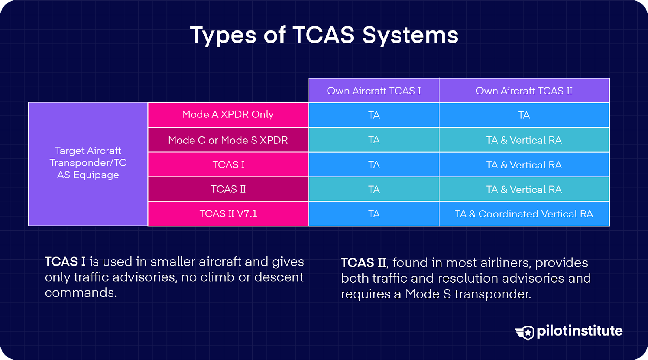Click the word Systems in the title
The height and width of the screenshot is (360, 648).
pos(410,35)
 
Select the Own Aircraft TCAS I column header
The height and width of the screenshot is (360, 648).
pos(374,91)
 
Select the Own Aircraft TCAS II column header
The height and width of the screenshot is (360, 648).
pos(524,91)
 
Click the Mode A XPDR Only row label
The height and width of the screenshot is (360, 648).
pos(228,115)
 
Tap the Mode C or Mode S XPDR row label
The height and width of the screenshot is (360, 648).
pos(228,140)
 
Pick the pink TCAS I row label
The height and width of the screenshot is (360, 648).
pos(228,165)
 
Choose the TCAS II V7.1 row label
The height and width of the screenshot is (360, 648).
pos(228,214)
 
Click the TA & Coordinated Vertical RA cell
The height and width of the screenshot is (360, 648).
pos(524,214)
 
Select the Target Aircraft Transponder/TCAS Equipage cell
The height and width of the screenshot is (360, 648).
pos(88,163)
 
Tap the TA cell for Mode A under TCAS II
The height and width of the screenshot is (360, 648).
pos(524,115)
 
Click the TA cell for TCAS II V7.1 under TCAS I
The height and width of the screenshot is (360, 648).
pos(374,214)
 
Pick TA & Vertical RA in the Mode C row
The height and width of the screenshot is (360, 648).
pos(524,140)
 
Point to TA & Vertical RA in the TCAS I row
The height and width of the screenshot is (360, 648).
pos(524,165)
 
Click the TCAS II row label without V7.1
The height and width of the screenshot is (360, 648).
pos(228,189)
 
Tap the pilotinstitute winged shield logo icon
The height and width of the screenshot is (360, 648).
pos(525,332)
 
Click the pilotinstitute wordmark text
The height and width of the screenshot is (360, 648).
pos(580,331)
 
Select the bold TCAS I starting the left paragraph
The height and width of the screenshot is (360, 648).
pos(65,262)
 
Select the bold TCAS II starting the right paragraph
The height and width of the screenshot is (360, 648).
pos(364,263)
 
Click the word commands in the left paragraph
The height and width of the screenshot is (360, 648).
pos(80,293)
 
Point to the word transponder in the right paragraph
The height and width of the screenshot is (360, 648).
pos(492,294)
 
